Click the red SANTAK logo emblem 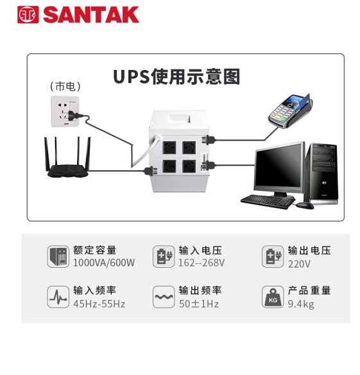28,15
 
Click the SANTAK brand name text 91,15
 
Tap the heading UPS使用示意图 176,76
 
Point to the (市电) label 65,86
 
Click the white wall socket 65,112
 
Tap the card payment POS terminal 290,110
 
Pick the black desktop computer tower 321,174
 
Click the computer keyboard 268,202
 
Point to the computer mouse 305,205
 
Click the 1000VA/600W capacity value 104,263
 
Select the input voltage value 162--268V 201,263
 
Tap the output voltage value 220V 299,264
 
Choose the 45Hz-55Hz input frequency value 99,304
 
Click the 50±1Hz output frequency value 199,304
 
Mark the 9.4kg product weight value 301,304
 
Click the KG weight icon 273,297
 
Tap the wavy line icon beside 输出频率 164,297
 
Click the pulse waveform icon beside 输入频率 58,297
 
